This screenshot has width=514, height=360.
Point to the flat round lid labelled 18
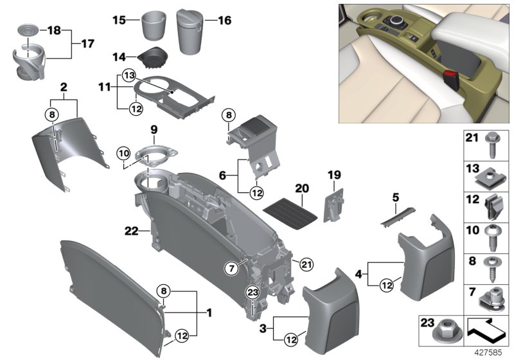(26, 30)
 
